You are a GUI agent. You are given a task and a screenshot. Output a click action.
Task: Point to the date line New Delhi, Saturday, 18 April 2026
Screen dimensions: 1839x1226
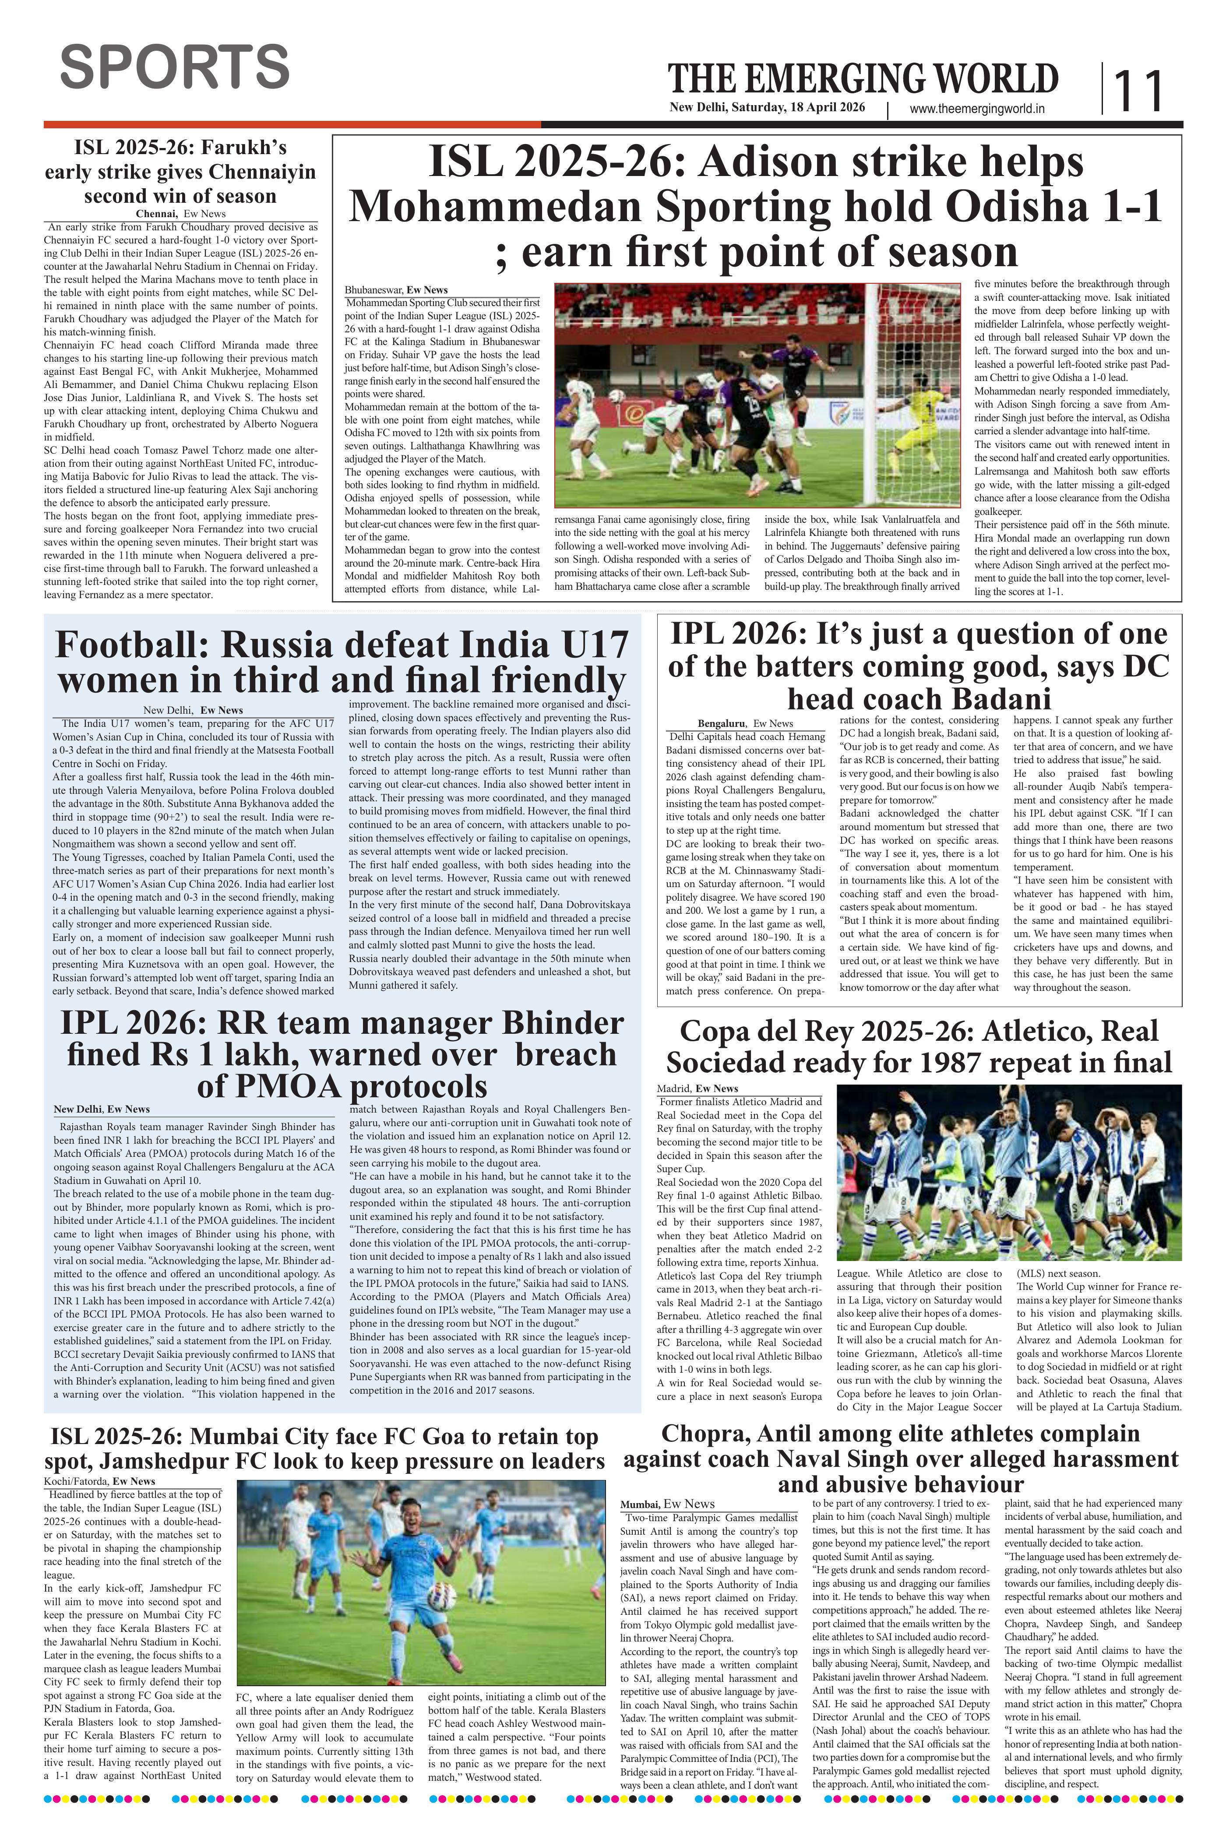pyautogui.click(x=767, y=108)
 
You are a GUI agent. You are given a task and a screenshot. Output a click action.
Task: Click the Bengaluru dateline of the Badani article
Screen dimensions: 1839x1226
pyautogui.click(x=722, y=723)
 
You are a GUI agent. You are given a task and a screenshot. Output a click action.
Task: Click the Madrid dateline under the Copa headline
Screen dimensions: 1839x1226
pyautogui.click(x=673, y=1089)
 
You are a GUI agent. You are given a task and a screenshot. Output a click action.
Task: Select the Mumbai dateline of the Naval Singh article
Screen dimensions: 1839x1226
pyautogui.click(x=640, y=1504)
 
